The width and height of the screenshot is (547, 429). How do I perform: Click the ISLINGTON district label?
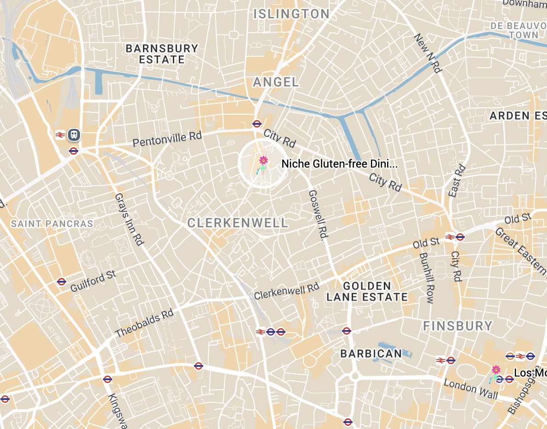point(291,14)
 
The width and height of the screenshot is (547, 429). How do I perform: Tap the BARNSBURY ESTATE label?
point(162,54)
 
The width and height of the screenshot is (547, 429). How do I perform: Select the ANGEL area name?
point(276,82)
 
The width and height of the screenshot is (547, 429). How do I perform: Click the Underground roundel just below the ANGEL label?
point(257,123)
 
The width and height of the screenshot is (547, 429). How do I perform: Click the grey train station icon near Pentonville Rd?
point(74,135)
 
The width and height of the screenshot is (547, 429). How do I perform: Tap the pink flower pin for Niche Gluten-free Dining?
point(263,161)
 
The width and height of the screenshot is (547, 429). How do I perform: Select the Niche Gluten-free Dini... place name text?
point(339,164)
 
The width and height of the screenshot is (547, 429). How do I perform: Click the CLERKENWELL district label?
point(238,223)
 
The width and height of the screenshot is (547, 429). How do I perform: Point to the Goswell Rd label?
point(317,215)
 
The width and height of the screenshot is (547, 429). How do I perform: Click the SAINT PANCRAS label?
point(52,224)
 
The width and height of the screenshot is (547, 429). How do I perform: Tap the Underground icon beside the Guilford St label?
point(62,282)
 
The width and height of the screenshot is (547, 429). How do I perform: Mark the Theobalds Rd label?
point(144,323)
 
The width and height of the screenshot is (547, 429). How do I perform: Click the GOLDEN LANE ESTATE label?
point(367,291)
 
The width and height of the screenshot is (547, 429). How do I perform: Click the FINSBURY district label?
point(457,326)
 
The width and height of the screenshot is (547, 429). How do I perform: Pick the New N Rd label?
point(427,53)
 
